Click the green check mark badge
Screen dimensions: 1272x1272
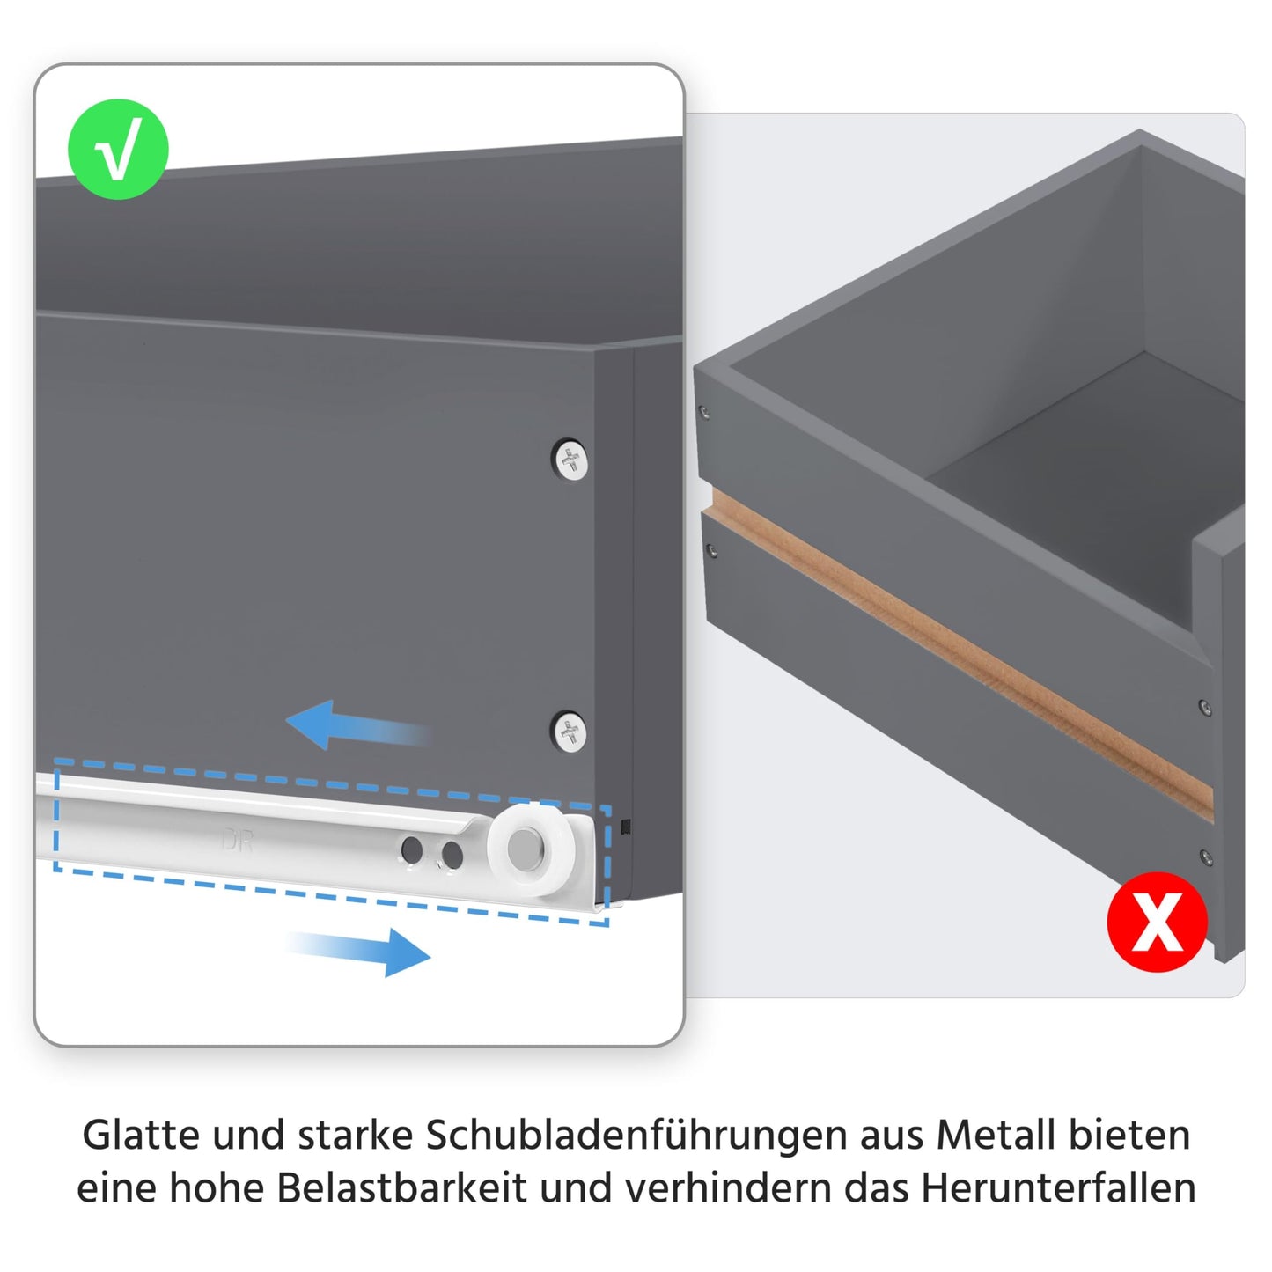pyautogui.click(x=118, y=150)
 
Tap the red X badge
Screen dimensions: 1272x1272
pyautogui.click(x=1157, y=922)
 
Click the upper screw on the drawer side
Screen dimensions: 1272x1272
pyautogui.click(x=570, y=460)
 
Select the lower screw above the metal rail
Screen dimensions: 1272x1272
pyautogui.click(x=570, y=732)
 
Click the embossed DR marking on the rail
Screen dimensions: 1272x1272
pyautogui.click(x=237, y=841)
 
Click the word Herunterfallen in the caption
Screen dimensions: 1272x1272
pyautogui.click(x=1058, y=1187)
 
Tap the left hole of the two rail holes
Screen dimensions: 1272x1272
pyautogui.click(x=411, y=850)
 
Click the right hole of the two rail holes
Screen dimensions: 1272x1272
pyautogui.click(x=452, y=855)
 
